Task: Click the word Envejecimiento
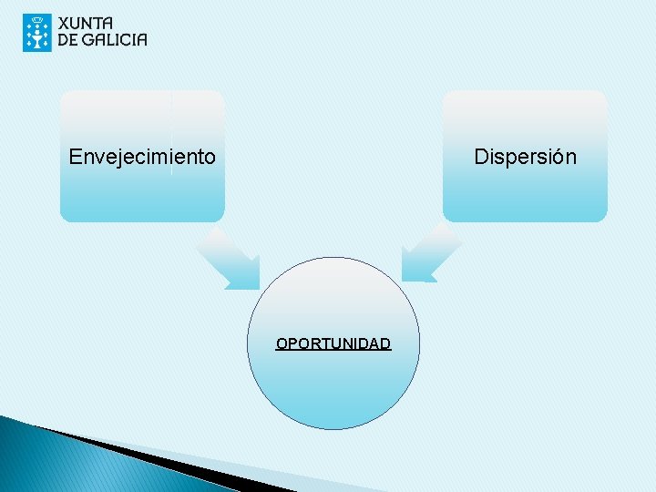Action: click(x=142, y=157)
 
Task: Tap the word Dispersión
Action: click(x=525, y=157)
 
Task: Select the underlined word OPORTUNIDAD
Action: click(x=333, y=343)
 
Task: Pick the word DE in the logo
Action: click(x=68, y=39)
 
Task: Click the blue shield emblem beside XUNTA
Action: click(x=37, y=32)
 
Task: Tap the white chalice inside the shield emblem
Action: click(x=37, y=36)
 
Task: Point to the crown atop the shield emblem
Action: click(x=37, y=19)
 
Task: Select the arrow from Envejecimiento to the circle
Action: click(x=229, y=260)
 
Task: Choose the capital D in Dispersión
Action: click(x=481, y=157)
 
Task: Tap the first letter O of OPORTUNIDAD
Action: click(x=282, y=343)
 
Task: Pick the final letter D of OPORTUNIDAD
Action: click(x=386, y=343)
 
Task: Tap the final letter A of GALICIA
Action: click(x=140, y=39)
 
